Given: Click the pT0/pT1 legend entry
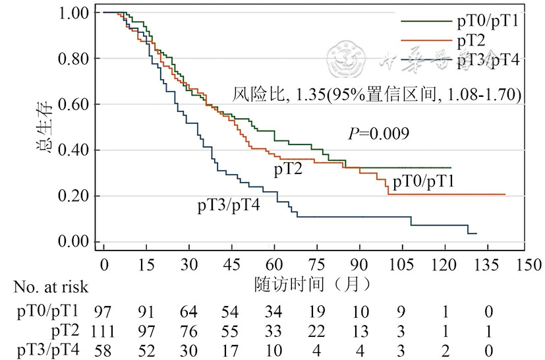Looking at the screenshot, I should point(488,21).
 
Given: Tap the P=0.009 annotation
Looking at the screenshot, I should point(379,133).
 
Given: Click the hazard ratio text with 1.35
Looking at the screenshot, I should point(377,95).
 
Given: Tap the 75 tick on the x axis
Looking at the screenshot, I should point(317,265).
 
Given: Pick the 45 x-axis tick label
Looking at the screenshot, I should point(232,265).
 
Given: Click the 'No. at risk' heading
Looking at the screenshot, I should point(50,287).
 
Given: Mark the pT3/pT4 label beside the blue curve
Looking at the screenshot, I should point(228,206).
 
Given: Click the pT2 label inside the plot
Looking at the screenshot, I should point(289,169).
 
